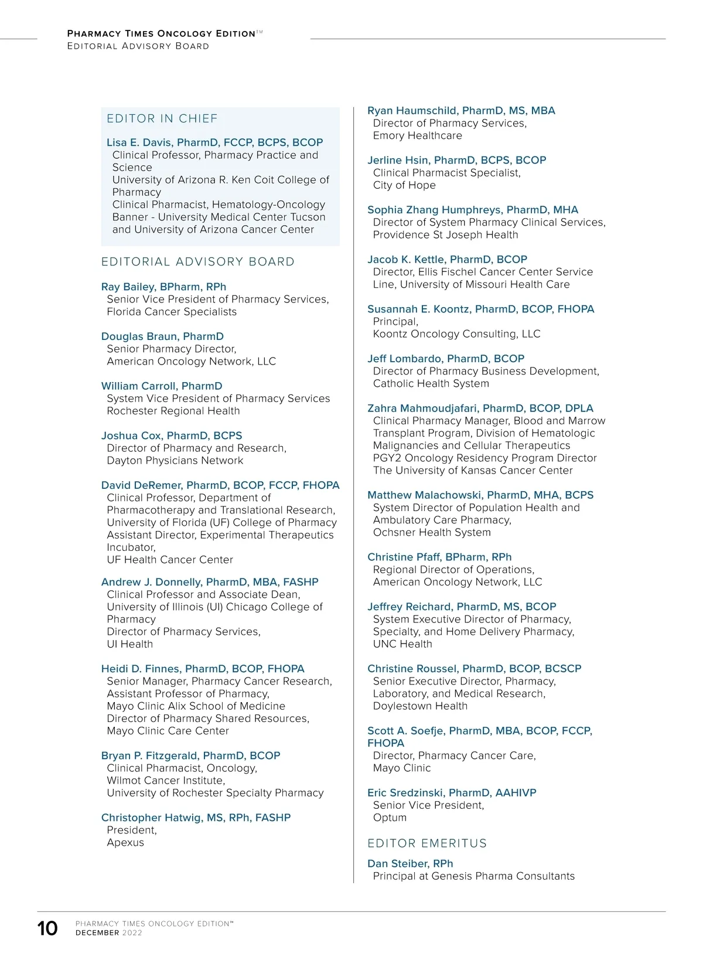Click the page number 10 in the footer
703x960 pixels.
coord(47,928)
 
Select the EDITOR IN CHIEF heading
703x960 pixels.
coord(162,119)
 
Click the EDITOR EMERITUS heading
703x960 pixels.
coord(427,843)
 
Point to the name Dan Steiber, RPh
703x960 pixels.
coord(410,863)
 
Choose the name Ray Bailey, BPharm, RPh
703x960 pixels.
coord(163,287)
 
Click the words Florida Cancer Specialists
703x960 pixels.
coord(172,312)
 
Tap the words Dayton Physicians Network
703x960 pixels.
coord(175,461)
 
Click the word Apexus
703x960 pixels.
coord(125,842)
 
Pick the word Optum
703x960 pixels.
coord(390,818)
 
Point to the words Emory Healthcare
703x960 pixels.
coord(417,135)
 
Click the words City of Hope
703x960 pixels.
coord(404,185)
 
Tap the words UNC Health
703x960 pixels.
coord(402,644)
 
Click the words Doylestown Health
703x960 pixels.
coord(420,706)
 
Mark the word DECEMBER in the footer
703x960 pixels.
coord(97,932)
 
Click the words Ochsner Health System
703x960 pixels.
coord(432,532)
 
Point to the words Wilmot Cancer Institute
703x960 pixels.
coord(165,780)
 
